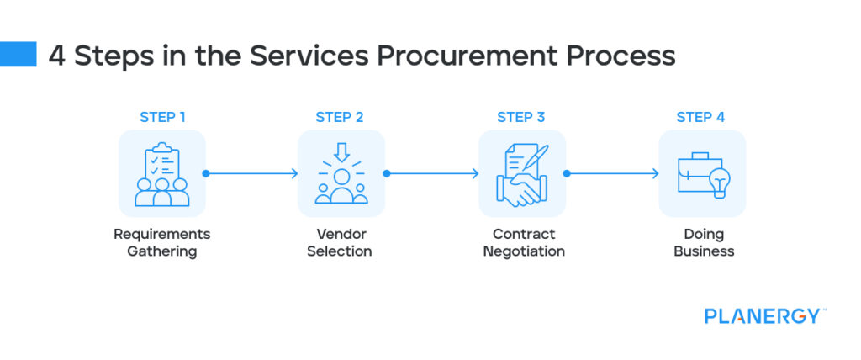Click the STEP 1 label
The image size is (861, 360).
(x=162, y=117)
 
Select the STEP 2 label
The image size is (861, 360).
(x=340, y=117)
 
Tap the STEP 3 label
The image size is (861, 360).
(x=521, y=117)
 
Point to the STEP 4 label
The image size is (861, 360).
(x=700, y=117)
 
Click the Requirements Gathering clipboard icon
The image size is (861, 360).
(x=162, y=174)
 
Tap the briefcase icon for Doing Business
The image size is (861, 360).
(x=702, y=174)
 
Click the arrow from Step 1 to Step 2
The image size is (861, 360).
(x=251, y=174)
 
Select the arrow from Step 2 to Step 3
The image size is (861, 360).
(x=432, y=174)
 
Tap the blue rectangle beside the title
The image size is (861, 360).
(x=18, y=54)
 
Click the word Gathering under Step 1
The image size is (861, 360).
(x=162, y=251)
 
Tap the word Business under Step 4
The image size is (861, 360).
(x=704, y=251)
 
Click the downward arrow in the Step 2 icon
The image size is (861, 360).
(x=341, y=151)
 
